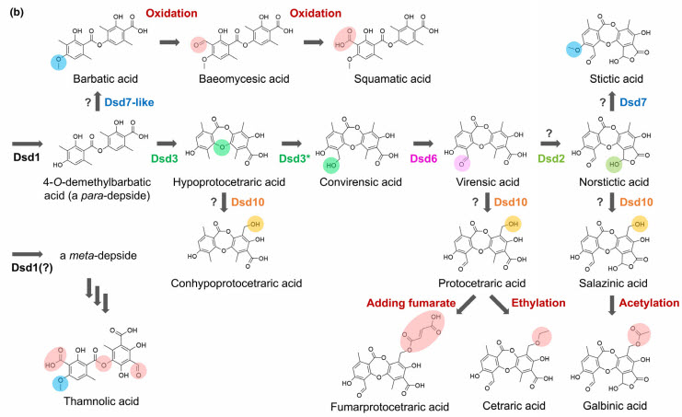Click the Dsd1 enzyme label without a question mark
29,162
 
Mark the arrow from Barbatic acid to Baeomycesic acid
171,41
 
